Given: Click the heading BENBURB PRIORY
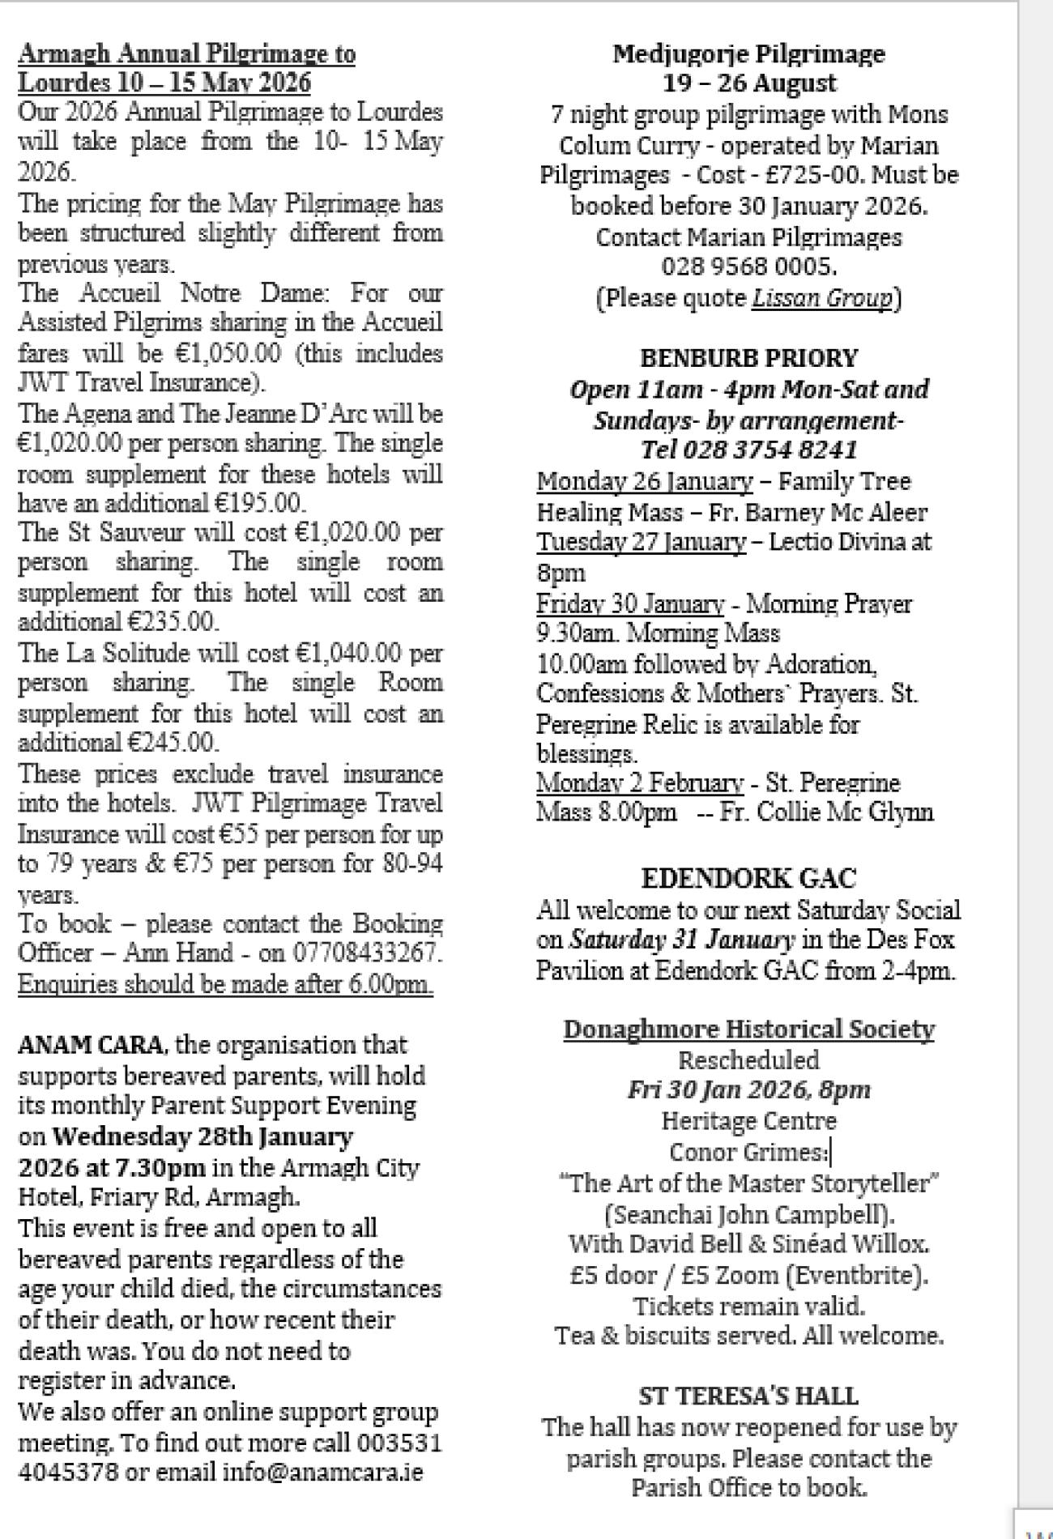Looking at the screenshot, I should click(x=748, y=358).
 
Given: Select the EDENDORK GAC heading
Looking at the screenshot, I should click(x=748, y=878).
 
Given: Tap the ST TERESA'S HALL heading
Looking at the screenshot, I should click(x=748, y=1396).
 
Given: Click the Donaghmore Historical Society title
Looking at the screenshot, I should click(x=748, y=1029).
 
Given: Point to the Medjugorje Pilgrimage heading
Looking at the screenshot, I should click(x=748, y=53).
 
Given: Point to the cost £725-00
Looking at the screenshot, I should click(x=816, y=175).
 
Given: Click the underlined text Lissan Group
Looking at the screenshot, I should click(x=821, y=298).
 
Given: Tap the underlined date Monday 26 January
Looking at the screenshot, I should click(x=644, y=481).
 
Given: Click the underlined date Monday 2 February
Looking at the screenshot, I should click(x=639, y=783).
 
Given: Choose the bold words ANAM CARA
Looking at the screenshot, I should click(x=90, y=1045).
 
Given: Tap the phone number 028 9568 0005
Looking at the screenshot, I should click(x=748, y=266).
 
